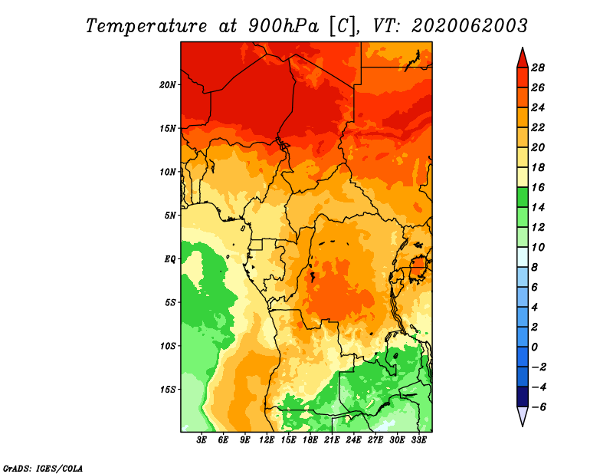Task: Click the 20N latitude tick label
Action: (x=168, y=85)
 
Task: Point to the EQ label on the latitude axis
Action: (x=170, y=259)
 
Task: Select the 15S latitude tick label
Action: (x=168, y=390)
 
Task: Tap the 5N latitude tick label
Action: (x=170, y=216)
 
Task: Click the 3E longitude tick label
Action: (x=202, y=440)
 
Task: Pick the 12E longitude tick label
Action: (x=267, y=440)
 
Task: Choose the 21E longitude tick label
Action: (x=332, y=440)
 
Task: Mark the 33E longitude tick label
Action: (x=418, y=440)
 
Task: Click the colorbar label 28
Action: (x=538, y=67)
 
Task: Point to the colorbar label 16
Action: (x=538, y=187)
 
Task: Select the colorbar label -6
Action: (x=539, y=407)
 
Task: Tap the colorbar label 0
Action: (x=534, y=347)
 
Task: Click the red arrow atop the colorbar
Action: (x=523, y=58)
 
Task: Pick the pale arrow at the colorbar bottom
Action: (x=523, y=416)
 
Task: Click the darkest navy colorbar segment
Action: (x=523, y=397)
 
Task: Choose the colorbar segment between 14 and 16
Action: (x=523, y=197)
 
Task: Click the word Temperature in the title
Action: (x=146, y=26)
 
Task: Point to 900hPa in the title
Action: (x=283, y=26)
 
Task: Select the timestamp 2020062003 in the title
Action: (x=470, y=26)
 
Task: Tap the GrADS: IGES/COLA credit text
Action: (x=43, y=468)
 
